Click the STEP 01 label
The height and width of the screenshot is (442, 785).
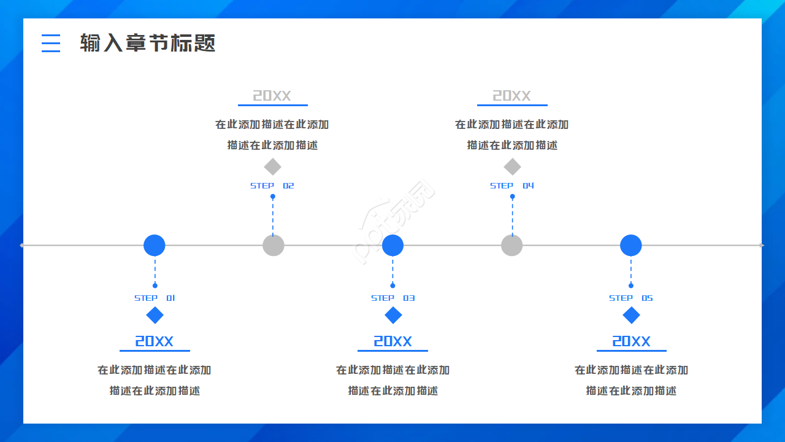pos(155,298)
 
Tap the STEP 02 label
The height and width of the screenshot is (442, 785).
pos(272,185)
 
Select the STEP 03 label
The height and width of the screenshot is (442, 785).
pos(392,298)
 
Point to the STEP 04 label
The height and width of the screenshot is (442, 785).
pos(512,185)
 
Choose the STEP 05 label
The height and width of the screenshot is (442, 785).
pos(630,298)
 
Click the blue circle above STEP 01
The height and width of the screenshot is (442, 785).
pos(155,245)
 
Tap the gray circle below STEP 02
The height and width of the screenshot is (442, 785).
pos(274,245)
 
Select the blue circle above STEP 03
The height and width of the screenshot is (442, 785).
pos(392,245)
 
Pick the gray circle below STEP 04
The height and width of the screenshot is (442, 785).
pos(511,245)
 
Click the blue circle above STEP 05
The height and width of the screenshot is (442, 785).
pos(630,245)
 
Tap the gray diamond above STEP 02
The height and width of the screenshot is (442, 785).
pos(272,166)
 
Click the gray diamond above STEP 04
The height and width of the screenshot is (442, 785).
pos(512,166)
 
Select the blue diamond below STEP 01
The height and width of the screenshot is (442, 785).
pos(155,316)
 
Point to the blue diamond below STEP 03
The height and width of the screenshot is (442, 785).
pos(393,316)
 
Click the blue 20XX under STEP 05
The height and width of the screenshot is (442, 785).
pos(631,341)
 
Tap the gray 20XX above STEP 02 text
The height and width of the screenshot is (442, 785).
pos(272,96)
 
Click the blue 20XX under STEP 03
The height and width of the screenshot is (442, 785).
pos(392,341)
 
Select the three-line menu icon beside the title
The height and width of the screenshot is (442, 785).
pos(51,43)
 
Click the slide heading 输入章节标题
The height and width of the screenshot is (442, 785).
pos(148,43)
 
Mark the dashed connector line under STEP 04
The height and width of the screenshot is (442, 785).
pos(512,216)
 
